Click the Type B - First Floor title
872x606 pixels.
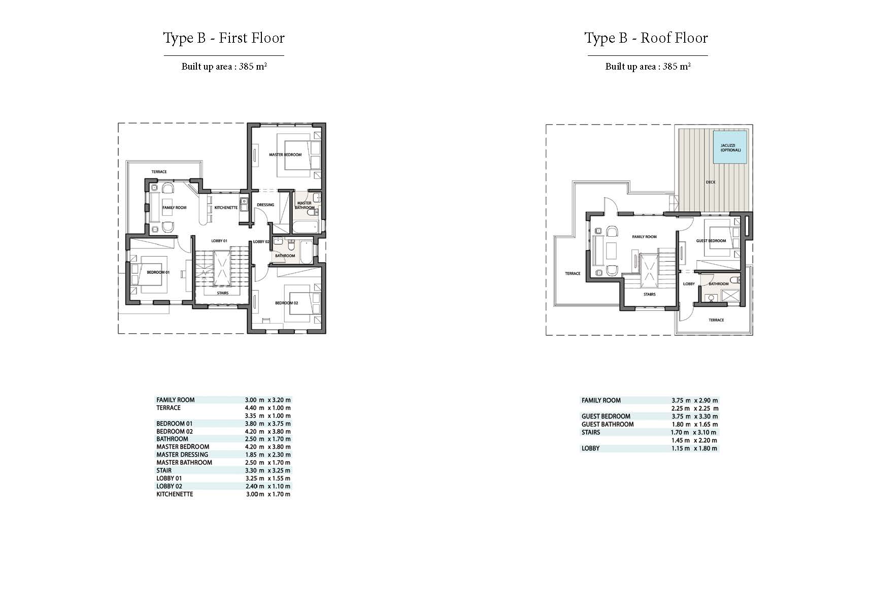coord(224,38)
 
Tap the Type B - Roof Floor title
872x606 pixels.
coord(646,38)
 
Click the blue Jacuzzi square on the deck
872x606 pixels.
coord(730,147)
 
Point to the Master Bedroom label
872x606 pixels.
coord(285,154)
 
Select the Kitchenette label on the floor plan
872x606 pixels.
coord(226,208)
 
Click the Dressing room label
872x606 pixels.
coord(265,205)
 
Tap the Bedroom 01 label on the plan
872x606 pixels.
coord(158,272)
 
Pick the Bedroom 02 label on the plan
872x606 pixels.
coord(286,303)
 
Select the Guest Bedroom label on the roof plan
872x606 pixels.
coord(711,241)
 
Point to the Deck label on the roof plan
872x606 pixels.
coord(711,182)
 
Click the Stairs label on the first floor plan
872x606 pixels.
coord(222,293)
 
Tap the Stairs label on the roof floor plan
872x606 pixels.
coord(649,294)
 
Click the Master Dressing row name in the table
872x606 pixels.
coord(182,455)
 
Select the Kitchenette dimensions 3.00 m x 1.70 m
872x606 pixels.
coord(267,494)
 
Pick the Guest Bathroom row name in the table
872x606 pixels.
coord(608,424)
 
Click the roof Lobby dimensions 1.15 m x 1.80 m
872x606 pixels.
coord(694,449)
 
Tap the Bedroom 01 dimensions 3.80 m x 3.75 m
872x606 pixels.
coord(267,424)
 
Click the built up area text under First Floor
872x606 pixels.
coord(224,67)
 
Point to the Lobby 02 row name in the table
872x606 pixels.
coord(169,486)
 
